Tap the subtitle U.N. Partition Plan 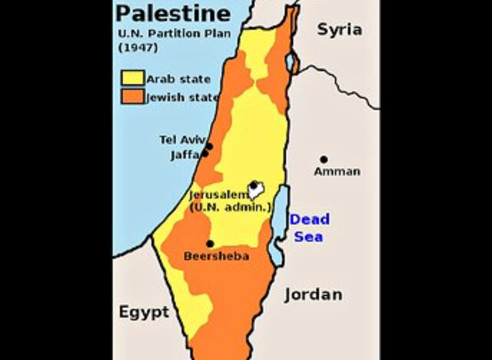pos(163,34)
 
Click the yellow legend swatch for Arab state pos(132,78)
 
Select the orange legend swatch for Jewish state pos(132,97)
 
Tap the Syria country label pos(339,30)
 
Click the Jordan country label pos(314,295)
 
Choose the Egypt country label pos(144,312)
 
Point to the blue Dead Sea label pos(309,227)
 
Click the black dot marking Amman pos(324,159)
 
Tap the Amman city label pos(337,172)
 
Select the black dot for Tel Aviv pos(208,145)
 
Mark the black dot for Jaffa pos(204,154)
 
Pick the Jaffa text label pos(184,155)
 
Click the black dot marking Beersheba pos(210,244)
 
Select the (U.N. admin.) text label pos(231,208)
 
